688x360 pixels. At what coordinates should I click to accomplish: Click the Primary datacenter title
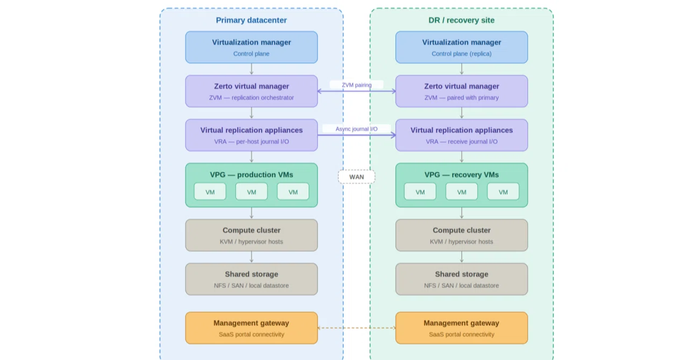pyautogui.click(x=251, y=20)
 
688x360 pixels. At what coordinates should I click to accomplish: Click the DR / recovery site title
pyautogui.click(x=461, y=20)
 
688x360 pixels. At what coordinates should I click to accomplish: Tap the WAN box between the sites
pyautogui.click(x=356, y=177)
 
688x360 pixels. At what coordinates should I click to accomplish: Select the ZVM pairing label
pyautogui.click(x=356, y=85)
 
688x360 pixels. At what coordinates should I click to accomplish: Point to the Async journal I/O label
pyautogui.click(x=356, y=129)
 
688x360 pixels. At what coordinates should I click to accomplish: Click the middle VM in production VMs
pyautogui.click(x=252, y=192)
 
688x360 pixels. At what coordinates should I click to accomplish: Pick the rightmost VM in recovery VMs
pyautogui.click(x=503, y=192)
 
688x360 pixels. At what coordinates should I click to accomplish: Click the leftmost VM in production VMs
pyautogui.click(x=210, y=192)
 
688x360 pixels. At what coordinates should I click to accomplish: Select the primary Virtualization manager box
pyautogui.click(x=252, y=47)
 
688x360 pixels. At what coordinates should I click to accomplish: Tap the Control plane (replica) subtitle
pyautogui.click(x=462, y=54)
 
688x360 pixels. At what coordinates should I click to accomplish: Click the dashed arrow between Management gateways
pyautogui.click(x=356, y=328)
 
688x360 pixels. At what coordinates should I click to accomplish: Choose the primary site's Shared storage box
pyautogui.click(x=252, y=279)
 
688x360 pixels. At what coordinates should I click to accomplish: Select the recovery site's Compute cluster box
pyautogui.click(x=462, y=235)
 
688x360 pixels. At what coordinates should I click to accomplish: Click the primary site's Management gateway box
pyautogui.click(x=252, y=328)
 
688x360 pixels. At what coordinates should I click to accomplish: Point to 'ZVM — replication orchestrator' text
pyautogui.click(x=252, y=98)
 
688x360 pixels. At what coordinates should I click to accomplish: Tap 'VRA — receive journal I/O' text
pyautogui.click(x=462, y=142)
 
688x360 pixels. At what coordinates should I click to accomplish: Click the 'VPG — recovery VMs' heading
pyautogui.click(x=462, y=175)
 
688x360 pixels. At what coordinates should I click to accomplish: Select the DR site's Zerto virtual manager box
pyautogui.click(x=462, y=91)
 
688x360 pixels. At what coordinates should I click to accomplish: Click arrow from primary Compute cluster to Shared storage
pyautogui.click(x=252, y=257)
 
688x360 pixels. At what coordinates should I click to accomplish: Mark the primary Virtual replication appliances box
pyautogui.click(x=252, y=135)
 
